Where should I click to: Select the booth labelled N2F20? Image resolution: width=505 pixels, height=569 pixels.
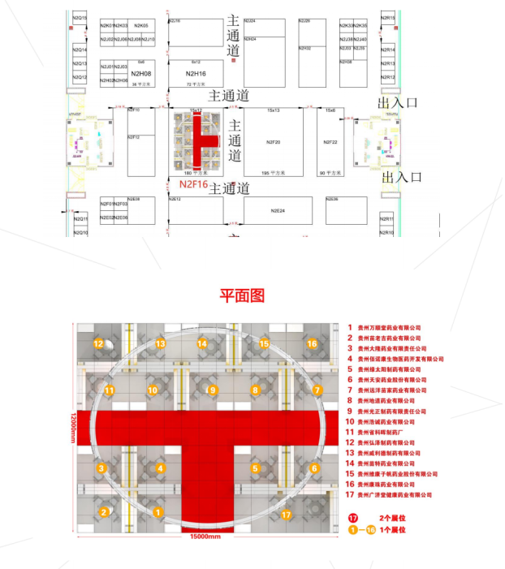coord(273,142)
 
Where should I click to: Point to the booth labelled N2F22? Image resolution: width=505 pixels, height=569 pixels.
coord(330,142)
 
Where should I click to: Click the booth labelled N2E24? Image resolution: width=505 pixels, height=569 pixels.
coord(277,210)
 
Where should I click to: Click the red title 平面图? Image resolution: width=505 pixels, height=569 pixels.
coord(241,295)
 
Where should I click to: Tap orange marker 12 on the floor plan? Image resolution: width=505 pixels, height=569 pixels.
coord(98,343)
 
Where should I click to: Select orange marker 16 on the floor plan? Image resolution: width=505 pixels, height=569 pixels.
coord(312,343)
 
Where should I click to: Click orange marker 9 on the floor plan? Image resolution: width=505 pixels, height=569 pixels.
coord(213,390)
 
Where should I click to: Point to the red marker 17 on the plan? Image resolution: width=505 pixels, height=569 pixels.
coord(286,515)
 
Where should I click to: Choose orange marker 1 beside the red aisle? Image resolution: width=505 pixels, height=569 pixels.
coord(155,512)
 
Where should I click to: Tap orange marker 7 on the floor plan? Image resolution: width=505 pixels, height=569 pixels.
coord(315,390)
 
